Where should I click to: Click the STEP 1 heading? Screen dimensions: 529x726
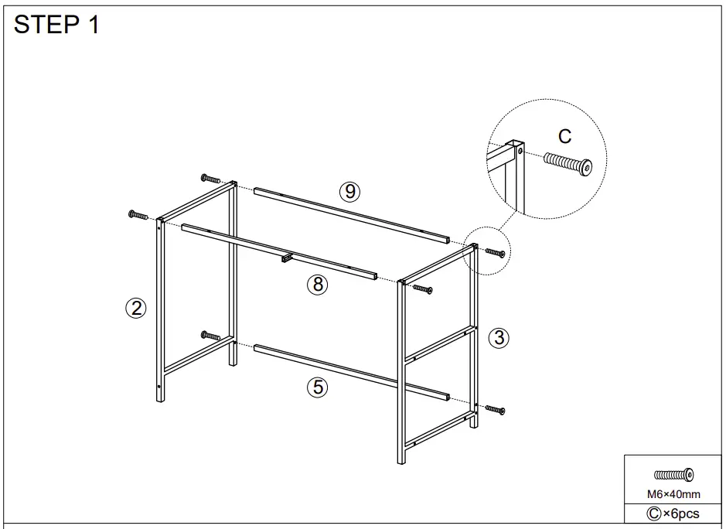tap(57, 25)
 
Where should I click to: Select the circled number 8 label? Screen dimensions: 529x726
tap(317, 285)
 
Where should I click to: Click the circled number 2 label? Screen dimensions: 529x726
tap(136, 309)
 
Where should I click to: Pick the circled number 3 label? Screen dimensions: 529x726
tap(499, 337)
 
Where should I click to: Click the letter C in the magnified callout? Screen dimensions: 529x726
tap(565, 137)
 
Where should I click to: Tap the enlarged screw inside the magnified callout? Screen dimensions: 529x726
tap(568, 163)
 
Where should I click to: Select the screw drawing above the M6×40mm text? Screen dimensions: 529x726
tap(673, 475)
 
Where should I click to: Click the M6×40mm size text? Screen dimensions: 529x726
tap(673, 494)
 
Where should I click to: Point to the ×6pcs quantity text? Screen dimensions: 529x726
tap(673, 514)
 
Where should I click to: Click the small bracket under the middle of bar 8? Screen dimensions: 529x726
tap(286, 258)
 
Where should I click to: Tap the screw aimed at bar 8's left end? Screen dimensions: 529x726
tap(138, 214)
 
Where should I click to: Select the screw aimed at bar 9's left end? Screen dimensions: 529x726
tap(210, 179)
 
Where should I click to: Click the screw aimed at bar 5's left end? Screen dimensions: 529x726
tap(210, 336)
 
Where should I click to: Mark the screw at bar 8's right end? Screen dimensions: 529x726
tap(421, 289)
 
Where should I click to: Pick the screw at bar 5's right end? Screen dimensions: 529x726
tap(494, 409)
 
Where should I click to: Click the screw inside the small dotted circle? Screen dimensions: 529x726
tap(495, 252)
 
